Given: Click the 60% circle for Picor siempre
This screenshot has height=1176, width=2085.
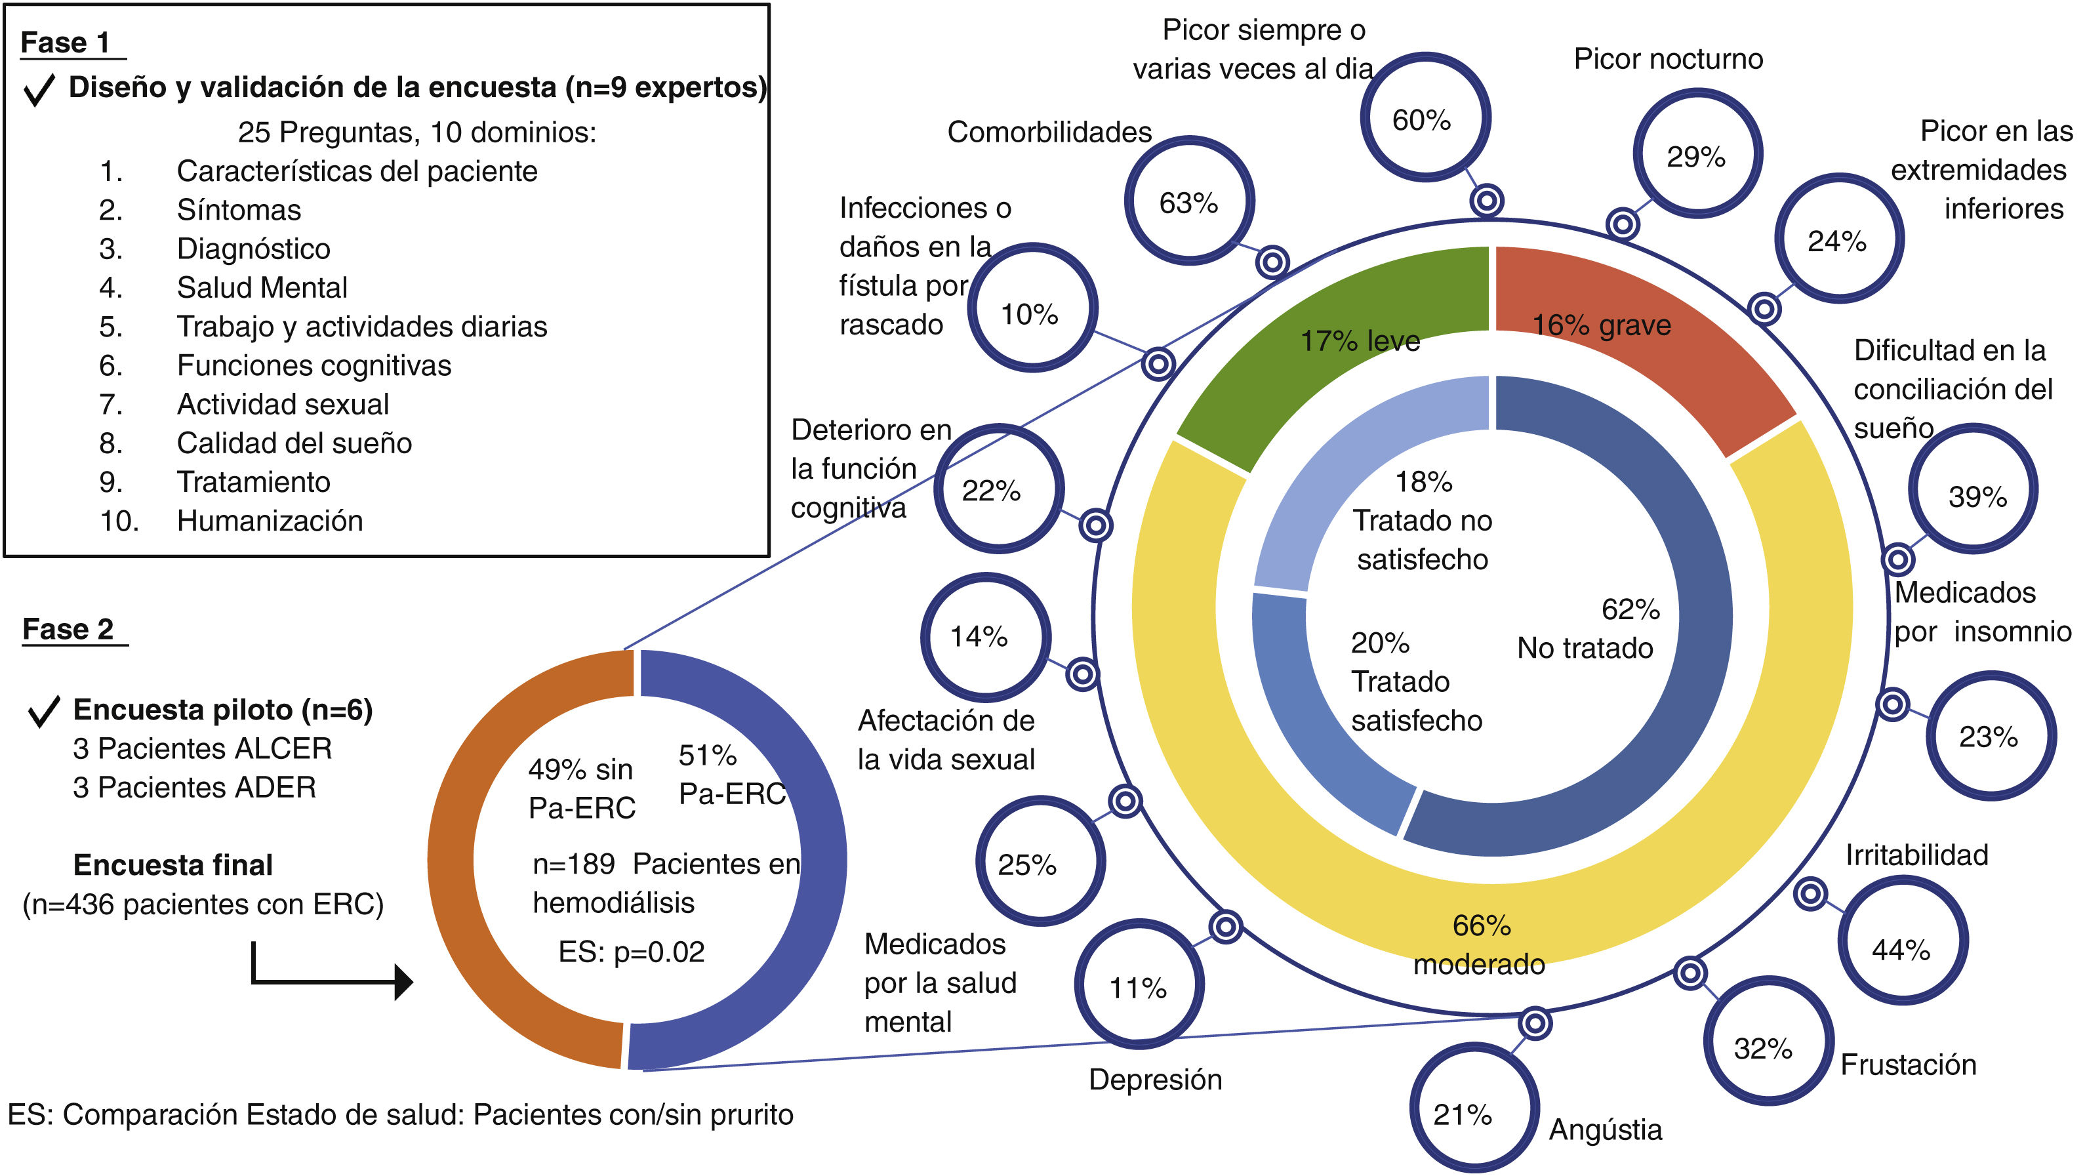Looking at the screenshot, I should click(x=1425, y=118).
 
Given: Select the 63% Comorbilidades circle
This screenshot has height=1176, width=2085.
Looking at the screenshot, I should click(x=1188, y=201).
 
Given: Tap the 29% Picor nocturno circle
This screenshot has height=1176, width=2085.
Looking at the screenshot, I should click(x=1697, y=155).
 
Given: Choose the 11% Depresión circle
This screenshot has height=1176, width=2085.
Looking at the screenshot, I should click(x=1139, y=985).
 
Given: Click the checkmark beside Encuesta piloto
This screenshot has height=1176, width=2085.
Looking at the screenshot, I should click(x=44, y=710).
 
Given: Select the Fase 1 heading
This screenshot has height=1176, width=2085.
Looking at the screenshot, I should click(x=65, y=43).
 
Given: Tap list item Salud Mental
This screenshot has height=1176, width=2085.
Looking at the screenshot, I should click(x=262, y=287).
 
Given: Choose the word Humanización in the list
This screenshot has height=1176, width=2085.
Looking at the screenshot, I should click(x=270, y=520).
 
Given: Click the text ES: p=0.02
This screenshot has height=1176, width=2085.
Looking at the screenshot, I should click(x=632, y=952).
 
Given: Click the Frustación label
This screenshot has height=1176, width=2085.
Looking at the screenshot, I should click(x=1908, y=1064).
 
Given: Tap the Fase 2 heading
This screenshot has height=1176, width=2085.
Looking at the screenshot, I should click(x=68, y=629).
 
